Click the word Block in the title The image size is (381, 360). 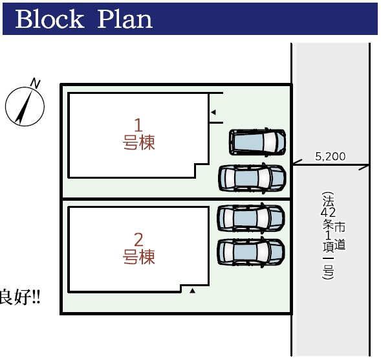tap(50, 19)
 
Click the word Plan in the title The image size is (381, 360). tap(125, 19)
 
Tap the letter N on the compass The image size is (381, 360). tap(35, 84)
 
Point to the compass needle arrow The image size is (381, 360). tap(24, 106)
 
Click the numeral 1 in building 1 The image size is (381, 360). tap(138, 125)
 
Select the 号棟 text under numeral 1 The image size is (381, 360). tap(138, 142)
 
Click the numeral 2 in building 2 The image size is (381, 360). tap(138, 240)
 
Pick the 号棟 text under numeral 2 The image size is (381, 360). tap(138, 256)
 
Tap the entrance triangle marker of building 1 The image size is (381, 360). tap(213, 113)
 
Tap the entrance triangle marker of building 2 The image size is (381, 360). tap(193, 291)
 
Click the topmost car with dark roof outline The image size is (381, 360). tap(257, 142)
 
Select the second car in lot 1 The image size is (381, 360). tap(252, 178)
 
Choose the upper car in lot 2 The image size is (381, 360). tap(251, 218)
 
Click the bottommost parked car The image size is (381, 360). tap(251, 252)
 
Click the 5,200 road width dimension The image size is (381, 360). tap(330, 157)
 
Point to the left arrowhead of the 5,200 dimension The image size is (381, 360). tap(297, 163)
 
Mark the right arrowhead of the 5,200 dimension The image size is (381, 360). tap(364, 167)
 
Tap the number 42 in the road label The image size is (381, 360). tap(328, 212)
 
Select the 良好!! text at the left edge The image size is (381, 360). tap(20, 297)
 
